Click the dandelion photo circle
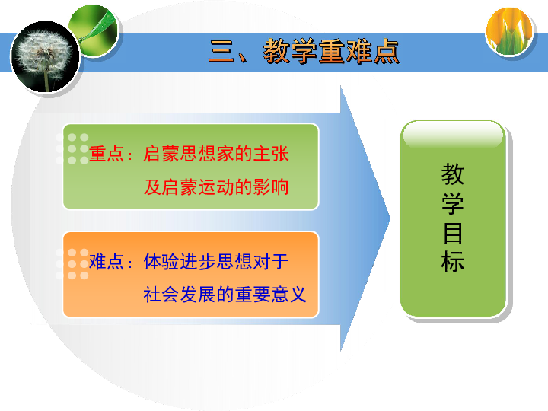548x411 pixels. [46, 56]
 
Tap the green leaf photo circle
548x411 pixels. [94, 30]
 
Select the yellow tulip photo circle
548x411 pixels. [509, 31]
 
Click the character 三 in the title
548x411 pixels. [221, 52]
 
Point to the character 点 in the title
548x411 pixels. [386, 52]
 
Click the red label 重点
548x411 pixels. [107, 154]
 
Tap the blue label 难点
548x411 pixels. [107, 261]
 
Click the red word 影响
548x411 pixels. [271, 187]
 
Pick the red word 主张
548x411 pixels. [271, 154]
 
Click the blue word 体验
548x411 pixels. [162, 261]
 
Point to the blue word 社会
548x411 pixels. [162, 295]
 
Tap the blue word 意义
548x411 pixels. [289, 295]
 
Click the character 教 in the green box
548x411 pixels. [453, 174]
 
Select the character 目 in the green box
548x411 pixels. [453, 233]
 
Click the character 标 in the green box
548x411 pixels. [453, 261]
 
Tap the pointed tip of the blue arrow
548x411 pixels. [390, 218]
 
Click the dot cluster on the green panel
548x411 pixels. [72, 149]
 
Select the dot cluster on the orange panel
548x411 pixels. [72, 264]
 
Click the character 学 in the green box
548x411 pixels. [453, 203]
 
